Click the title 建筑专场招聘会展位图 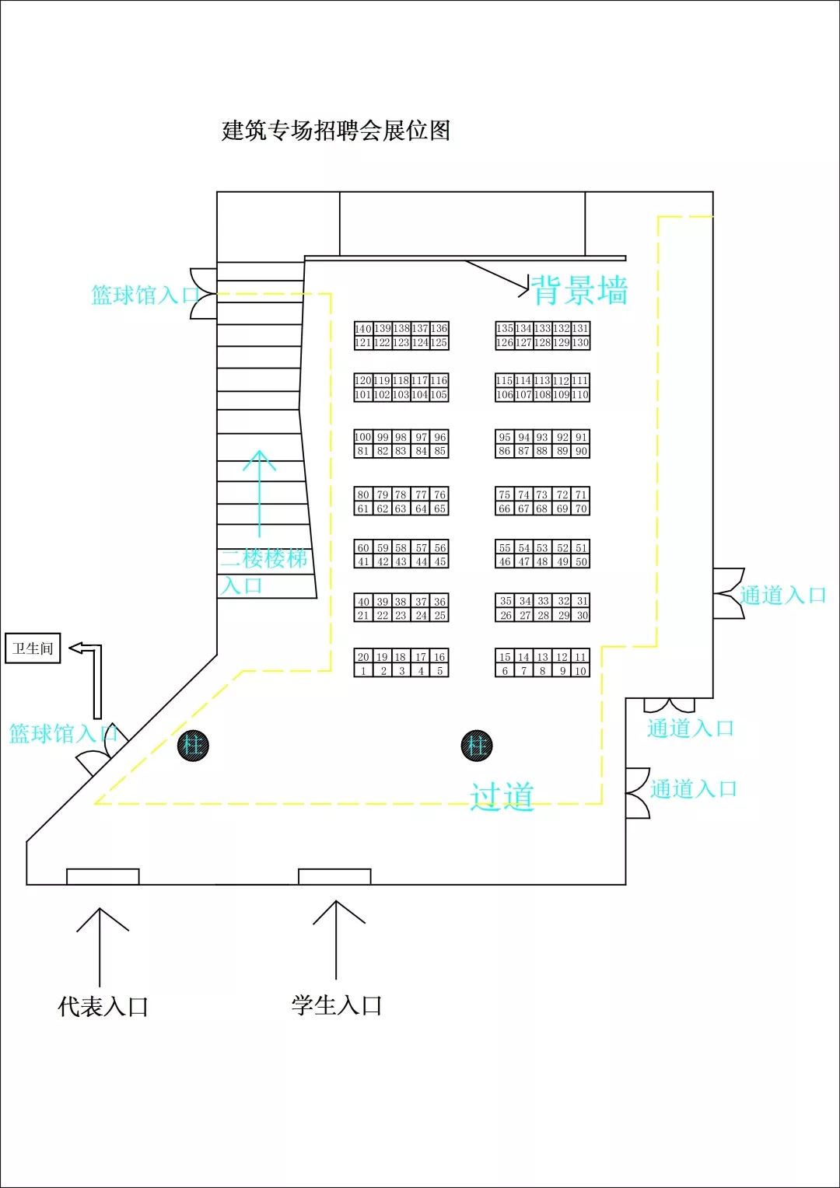(x=336, y=131)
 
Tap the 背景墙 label (x=580, y=291)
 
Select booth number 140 (x=363, y=329)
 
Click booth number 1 (x=363, y=671)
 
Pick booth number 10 (x=580, y=671)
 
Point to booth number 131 (x=580, y=329)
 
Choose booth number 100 (x=363, y=437)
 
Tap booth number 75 (x=505, y=494)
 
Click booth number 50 (x=580, y=561)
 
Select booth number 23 (x=401, y=615)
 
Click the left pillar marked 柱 (x=193, y=746)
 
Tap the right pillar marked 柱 (x=477, y=746)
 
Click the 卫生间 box (x=33, y=648)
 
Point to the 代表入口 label (x=103, y=1007)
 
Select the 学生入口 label (x=337, y=1005)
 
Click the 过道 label (x=502, y=797)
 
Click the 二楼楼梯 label (x=264, y=558)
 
